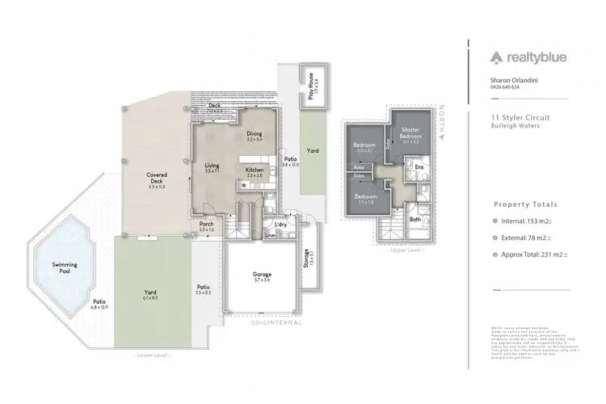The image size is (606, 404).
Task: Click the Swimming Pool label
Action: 65,267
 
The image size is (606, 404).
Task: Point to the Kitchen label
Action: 254,171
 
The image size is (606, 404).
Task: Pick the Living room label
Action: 213,168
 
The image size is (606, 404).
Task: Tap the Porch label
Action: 206,226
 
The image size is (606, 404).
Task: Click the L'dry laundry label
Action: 281,224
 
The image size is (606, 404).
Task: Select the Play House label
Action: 311,82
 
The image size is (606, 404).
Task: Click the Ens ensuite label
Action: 419,166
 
